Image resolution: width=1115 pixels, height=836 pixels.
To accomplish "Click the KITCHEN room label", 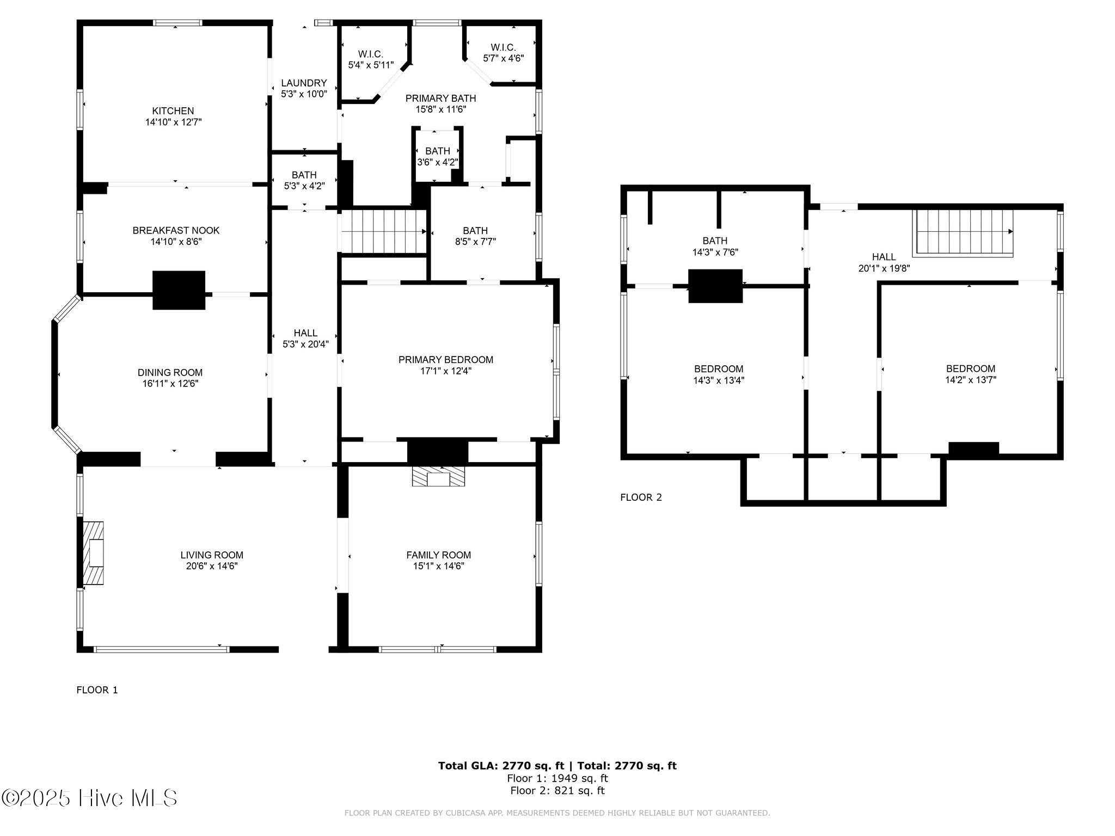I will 173,111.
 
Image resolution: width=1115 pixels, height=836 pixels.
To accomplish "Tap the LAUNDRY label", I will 304,83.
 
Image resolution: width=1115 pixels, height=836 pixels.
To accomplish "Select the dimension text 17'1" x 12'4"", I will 445,371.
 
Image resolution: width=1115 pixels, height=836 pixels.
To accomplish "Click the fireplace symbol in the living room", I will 93,553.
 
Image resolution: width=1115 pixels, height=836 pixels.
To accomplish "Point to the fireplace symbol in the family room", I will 438,477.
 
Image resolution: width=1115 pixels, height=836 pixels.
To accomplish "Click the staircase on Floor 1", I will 383,232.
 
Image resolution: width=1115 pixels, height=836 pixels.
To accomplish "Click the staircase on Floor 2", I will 964,232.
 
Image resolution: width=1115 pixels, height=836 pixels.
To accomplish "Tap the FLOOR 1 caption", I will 97,690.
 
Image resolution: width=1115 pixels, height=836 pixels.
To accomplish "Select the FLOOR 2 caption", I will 641,497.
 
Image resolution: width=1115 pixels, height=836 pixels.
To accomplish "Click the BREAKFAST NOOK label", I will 176,230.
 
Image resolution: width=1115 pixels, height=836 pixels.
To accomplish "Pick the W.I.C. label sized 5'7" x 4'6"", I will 503,48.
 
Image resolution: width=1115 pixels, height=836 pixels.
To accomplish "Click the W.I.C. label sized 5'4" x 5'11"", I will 370,54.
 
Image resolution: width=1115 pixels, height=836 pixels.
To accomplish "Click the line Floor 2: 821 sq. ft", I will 557,791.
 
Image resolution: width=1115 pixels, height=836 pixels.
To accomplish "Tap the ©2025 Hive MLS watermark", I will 89,798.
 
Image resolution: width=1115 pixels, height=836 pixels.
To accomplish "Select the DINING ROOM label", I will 170,373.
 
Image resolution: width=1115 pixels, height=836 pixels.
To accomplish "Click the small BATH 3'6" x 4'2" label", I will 437,151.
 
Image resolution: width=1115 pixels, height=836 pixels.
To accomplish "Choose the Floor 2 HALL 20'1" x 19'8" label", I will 884,257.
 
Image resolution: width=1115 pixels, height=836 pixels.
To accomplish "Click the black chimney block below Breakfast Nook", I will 179,290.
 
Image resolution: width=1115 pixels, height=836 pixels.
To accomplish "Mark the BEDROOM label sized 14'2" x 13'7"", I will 970,368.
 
